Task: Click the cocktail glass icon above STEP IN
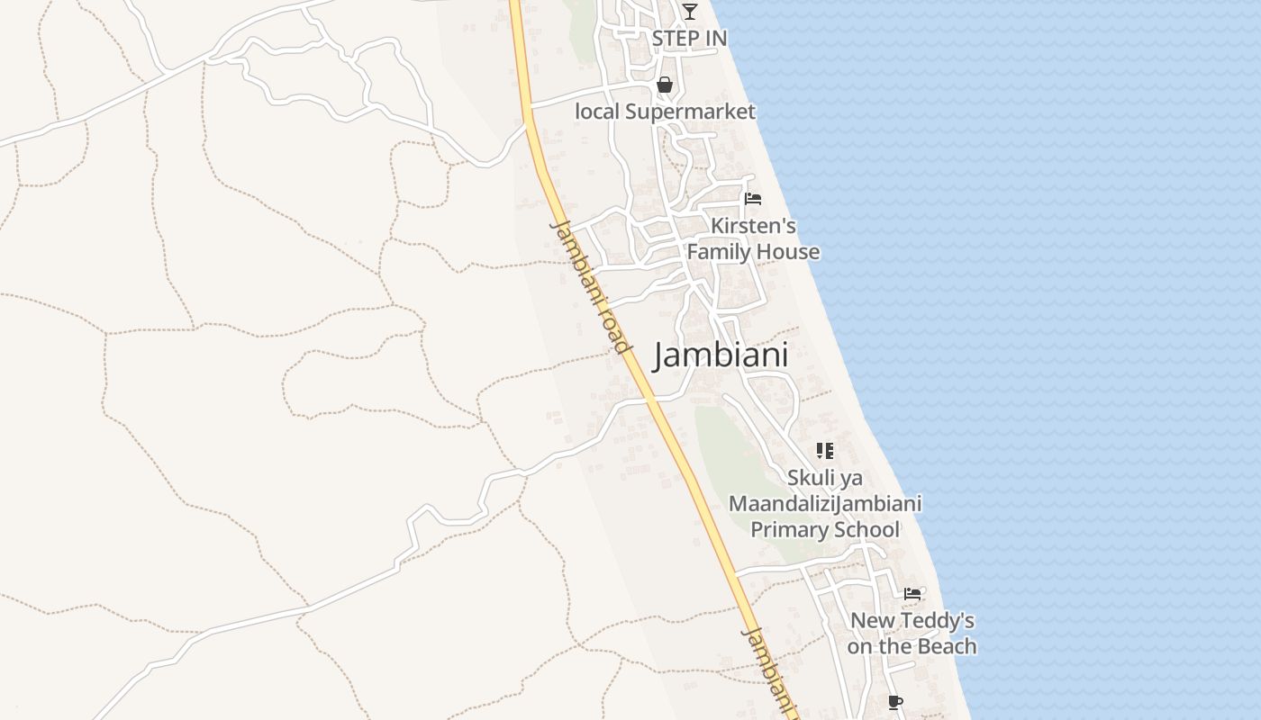coord(689,12)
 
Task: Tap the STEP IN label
coord(689,39)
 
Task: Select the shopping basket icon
coord(665,85)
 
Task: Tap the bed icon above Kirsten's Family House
coord(753,198)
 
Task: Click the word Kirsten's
coord(753,226)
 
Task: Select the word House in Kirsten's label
coord(788,252)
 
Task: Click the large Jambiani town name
coord(721,355)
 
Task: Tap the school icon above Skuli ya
coord(824,450)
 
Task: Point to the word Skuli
coord(812,477)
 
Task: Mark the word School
coord(863,529)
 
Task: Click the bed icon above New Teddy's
coord(912,593)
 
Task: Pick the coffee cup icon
coord(894,702)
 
